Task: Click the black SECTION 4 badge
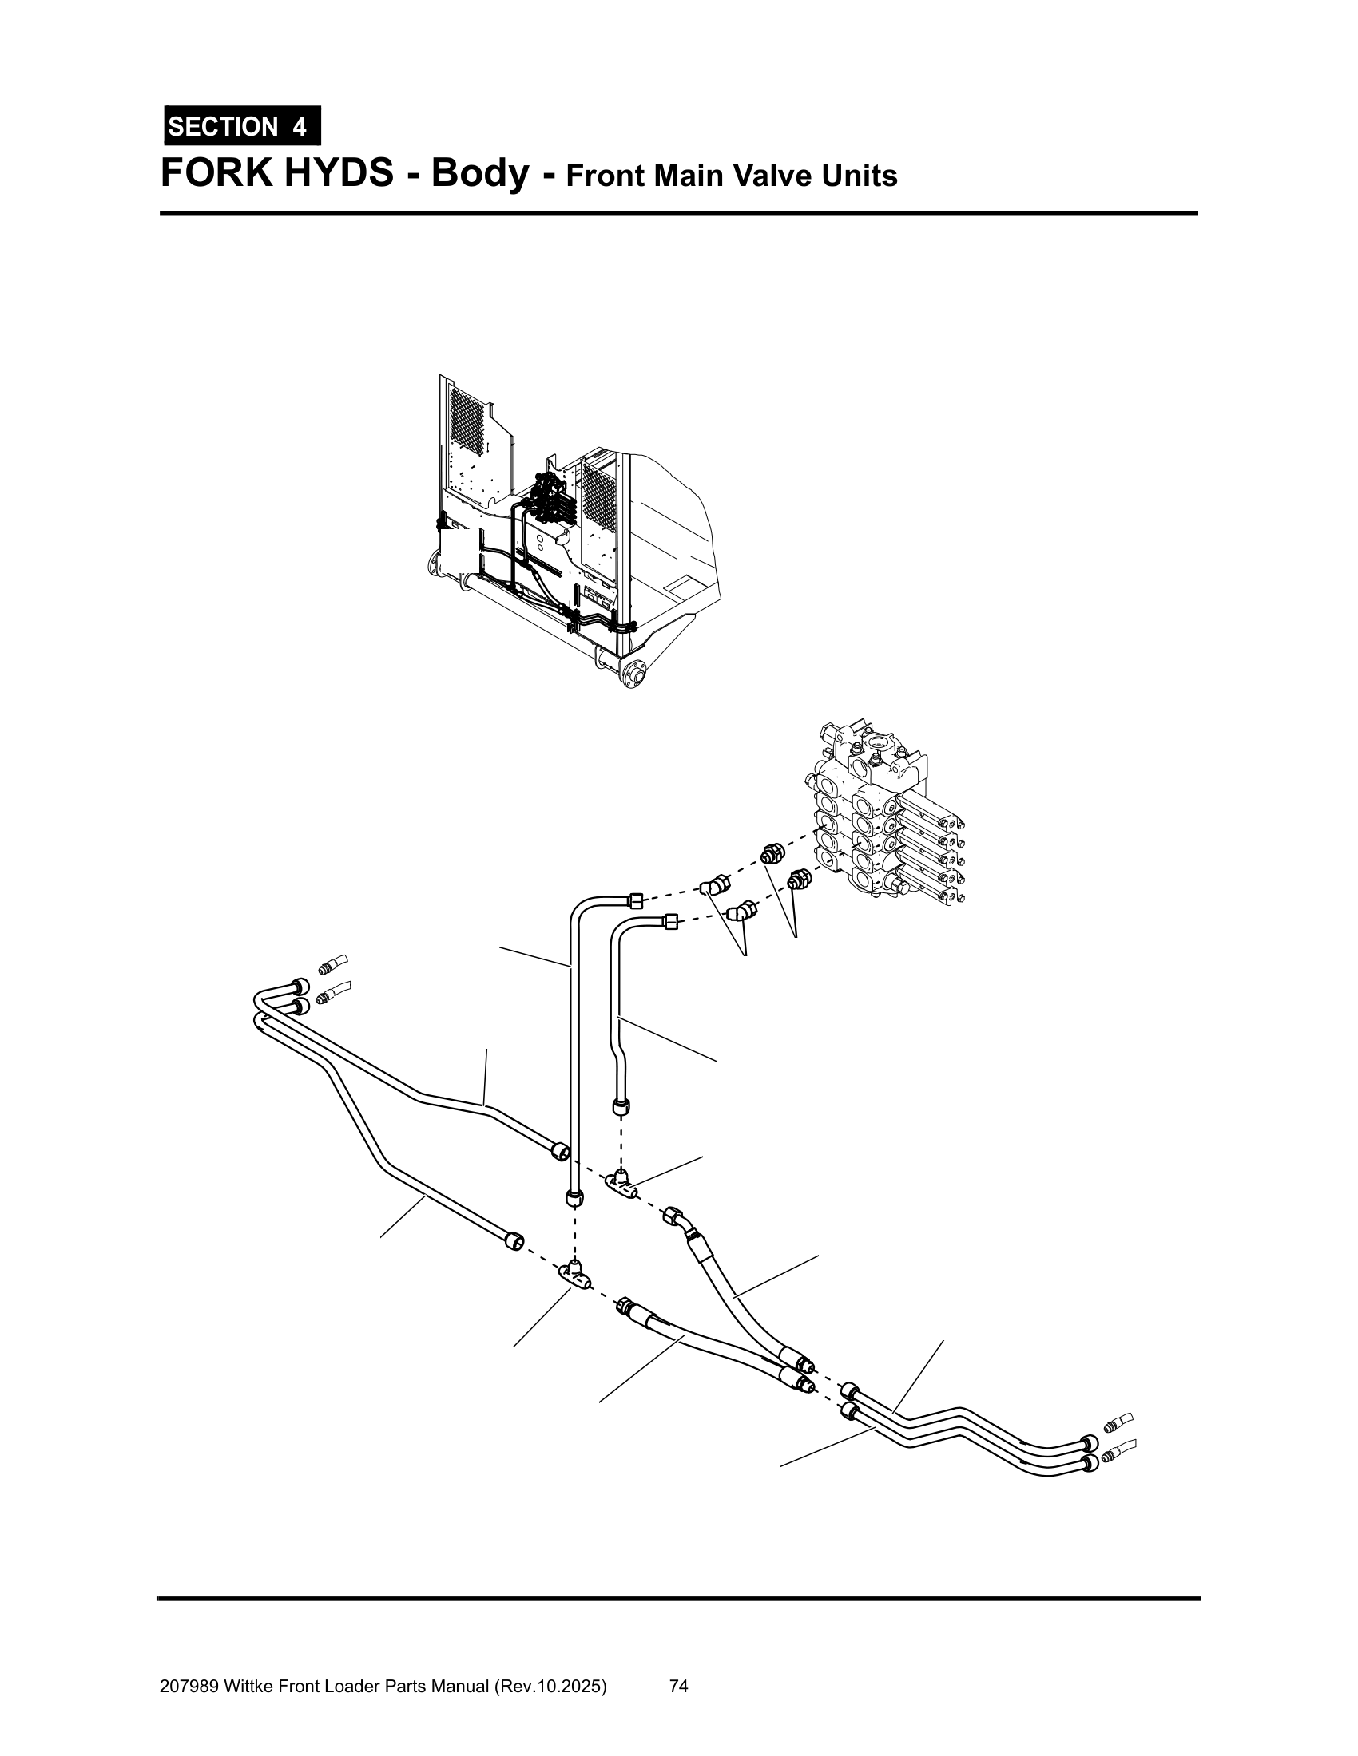[x=242, y=126]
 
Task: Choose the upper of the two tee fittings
[x=621, y=1181]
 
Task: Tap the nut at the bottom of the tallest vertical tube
[x=573, y=1199]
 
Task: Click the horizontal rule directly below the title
[x=678, y=213]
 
